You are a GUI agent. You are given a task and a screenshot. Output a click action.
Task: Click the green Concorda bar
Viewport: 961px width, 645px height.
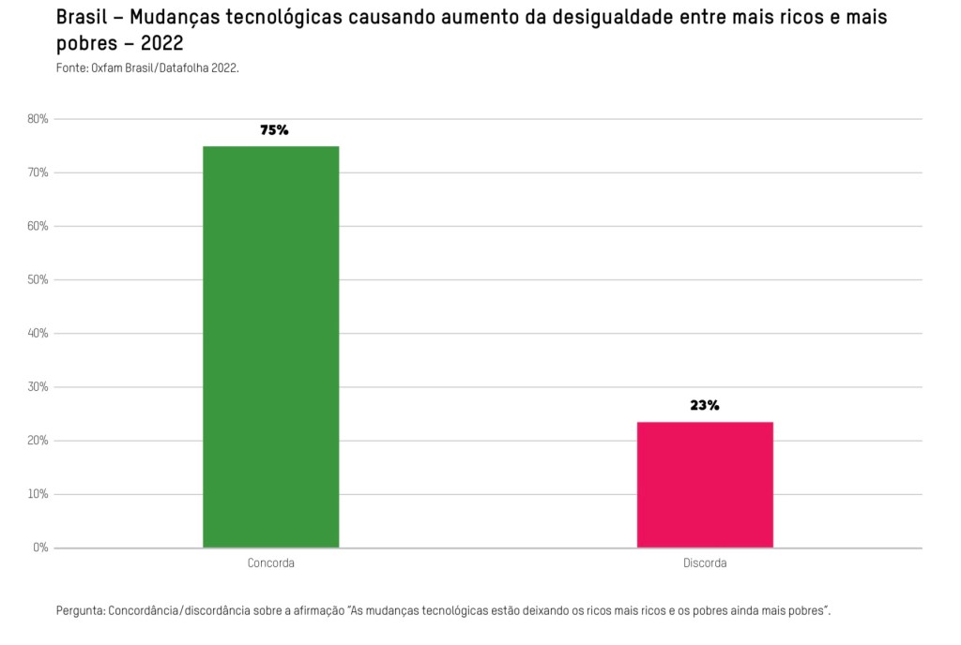coord(270,347)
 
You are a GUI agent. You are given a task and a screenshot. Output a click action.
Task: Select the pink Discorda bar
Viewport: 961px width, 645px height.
coord(705,485)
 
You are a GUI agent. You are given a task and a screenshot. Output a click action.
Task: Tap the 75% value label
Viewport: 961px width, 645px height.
coord(274,130)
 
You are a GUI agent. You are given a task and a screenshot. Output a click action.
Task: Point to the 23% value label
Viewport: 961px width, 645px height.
coord(705,406)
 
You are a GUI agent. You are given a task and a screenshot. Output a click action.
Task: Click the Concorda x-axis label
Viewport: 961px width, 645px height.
coord(270,563)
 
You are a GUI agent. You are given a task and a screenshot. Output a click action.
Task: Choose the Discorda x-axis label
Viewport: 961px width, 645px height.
coord(705,563)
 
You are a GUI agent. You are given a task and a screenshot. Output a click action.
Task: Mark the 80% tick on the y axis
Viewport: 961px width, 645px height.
coord(38,119)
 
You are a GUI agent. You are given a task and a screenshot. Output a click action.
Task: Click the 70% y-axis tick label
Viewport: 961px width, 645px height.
coord(38,172)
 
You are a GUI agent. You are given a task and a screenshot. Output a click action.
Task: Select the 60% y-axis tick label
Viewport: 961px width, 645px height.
coord(38,226)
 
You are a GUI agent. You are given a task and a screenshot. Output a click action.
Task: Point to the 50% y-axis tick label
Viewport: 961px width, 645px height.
coord(38,279)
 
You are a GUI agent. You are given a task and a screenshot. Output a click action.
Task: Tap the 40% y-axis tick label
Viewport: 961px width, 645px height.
coord(38,333)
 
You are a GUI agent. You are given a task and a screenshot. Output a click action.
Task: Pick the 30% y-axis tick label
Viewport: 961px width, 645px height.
coord(38,387)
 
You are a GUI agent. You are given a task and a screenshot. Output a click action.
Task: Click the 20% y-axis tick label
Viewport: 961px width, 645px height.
coord(38,441)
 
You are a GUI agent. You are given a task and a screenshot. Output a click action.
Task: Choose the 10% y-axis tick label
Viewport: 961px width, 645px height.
coord(38,494)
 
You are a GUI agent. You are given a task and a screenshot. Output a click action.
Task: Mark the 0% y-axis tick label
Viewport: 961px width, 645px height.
coord(41,547)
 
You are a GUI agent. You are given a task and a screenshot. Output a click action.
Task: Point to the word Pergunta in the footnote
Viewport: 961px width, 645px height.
coord(80,611)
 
